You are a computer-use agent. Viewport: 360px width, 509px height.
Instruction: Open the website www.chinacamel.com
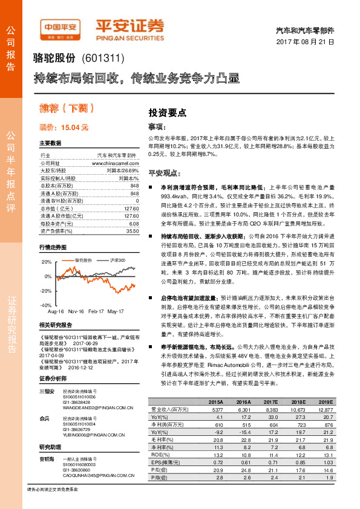tap(114, 163)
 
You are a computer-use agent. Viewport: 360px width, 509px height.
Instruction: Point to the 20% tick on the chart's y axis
tap(47, 262)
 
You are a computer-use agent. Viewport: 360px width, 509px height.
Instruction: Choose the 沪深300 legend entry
tap(117, 259)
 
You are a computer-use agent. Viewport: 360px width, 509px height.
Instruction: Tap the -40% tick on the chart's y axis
tap(46, 306)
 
